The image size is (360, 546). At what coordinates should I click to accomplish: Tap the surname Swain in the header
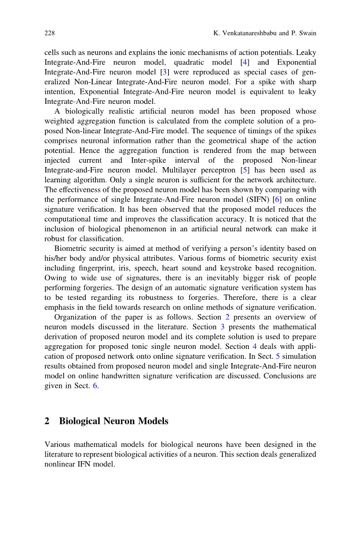(x=305, y=33)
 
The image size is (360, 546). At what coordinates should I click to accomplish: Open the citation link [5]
(x=244, y=170)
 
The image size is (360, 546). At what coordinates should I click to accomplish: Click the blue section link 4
(x=255, y=346)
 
